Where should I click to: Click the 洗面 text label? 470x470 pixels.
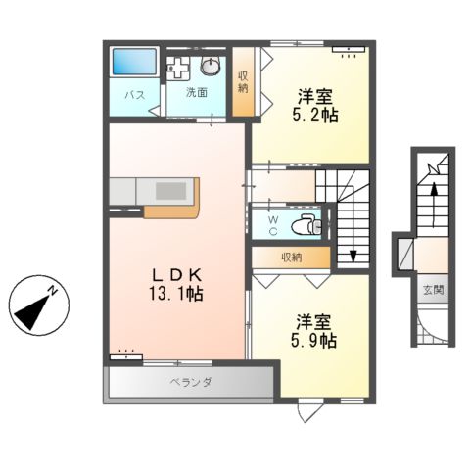coord(196,93)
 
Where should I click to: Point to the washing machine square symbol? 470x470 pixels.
coord(180,69)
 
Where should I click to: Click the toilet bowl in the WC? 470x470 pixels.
coord(308,224)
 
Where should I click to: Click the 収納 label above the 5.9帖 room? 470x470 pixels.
coord(291,258)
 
